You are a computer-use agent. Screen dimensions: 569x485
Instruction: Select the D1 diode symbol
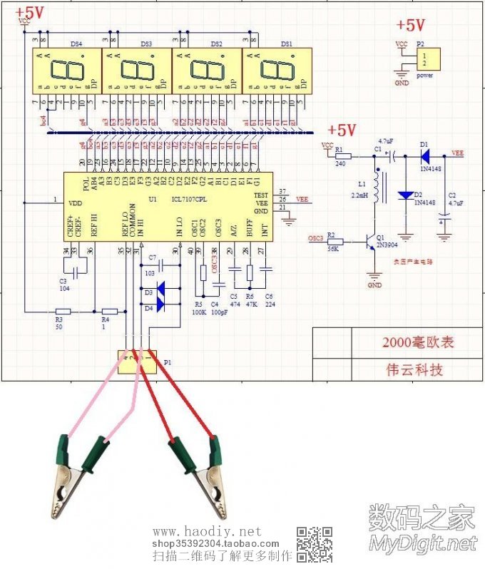pos(425,153)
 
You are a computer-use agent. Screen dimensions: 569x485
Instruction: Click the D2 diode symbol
pos(406,195)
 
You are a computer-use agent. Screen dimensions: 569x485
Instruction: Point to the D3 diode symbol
pos(160,289)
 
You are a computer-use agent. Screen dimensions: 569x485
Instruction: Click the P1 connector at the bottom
pos(137,362)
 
